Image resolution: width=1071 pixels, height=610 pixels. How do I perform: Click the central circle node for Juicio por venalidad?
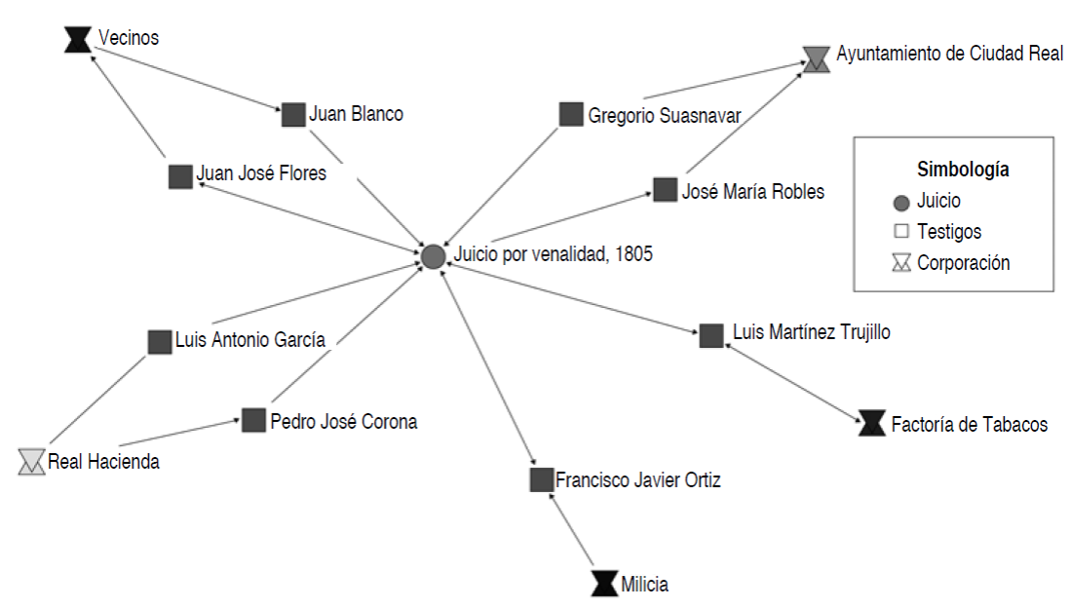pyautogui.click(x=433, y=256)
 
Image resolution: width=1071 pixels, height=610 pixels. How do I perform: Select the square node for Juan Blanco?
pyautogui.click(x=294, y=115)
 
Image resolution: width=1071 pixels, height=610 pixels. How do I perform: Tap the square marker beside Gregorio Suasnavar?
pyautogui.click(x=571, y=114)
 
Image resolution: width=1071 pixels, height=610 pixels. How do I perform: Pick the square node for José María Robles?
pyautogui.click(x=665, y=189)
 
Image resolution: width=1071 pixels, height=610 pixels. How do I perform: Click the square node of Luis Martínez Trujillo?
pyautogui.click(x=711, y=335)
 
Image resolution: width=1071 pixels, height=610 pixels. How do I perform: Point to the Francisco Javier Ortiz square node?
pyautogui.click(x=542, y=479)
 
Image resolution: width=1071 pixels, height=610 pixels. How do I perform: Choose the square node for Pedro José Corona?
pyautogui.click(x=253, y=420)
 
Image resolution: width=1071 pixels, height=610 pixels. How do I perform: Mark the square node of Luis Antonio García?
pyautogui.click(x=160, y=342)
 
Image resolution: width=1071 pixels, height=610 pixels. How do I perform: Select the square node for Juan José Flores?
pyautogui.click(x=180, y=176)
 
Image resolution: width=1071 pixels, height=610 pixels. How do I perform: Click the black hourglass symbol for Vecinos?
pyautogui.click(x=77, y=39)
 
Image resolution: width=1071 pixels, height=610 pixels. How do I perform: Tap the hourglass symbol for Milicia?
pyautogui.click(x=604, y=584)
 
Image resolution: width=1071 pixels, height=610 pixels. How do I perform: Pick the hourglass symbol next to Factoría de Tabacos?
pyautogui.click(x=872, y=423)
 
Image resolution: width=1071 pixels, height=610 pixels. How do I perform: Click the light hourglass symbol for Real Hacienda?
pyautogui.click(x=31, y=461)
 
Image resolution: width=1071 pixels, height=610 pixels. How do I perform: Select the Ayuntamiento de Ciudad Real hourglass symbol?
pyautogui.click(x=817, y=57)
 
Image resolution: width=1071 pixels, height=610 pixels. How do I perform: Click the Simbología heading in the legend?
pyautogui.click(x=963, y=170)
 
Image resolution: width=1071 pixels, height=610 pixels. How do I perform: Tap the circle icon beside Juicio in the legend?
pyautogui.click(x=901, y=203)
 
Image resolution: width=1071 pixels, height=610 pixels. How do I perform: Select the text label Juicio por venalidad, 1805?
pyautogui.click(x=553, y=255)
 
